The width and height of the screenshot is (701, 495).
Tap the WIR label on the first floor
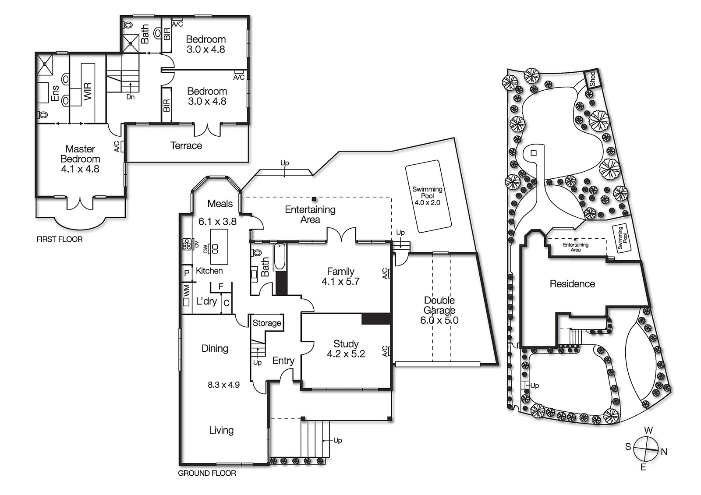(x=88, y=91)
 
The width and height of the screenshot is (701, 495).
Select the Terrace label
(x=186, y=145)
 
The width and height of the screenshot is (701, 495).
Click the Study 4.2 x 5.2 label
(x=346, y=349)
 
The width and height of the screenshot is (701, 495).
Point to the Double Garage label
(x=439, y=305)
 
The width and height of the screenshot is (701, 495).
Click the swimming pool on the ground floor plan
(x=428, y=196)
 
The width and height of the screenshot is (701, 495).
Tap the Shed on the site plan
(x=592, y=79)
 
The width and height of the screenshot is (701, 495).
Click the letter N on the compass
(x=664, y=452)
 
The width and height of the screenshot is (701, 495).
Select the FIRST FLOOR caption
(x=60, y=239)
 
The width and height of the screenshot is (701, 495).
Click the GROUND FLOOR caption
(x=207, y=473)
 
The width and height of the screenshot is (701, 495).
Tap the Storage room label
(x=267, y=323)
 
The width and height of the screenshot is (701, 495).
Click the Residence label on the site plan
(x=572, y=284)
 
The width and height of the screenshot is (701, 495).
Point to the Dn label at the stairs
(x=131, y=97)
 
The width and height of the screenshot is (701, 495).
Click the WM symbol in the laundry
(x=186, y=290)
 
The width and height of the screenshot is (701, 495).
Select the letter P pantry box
(x=187, y=273)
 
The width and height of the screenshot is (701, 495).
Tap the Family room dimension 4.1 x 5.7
(x=340, y=282)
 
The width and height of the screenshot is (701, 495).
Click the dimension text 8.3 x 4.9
(x=223, y=385)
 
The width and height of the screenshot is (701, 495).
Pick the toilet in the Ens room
(x=43, y=115)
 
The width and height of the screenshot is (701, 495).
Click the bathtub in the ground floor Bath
(x=280, y=257)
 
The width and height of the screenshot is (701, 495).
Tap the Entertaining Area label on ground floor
(x=310, y=214)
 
